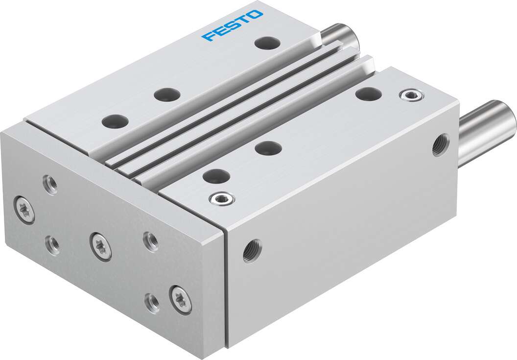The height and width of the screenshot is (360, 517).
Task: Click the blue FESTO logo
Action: [x=232, y=25]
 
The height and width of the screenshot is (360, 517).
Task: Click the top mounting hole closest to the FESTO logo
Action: [x=268, y=43]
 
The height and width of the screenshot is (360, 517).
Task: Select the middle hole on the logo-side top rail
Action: [x=166, y=94]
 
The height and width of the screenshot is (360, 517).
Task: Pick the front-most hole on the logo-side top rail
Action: [x=116, y=120]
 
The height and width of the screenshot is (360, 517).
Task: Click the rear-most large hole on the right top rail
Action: [x=369, y=94]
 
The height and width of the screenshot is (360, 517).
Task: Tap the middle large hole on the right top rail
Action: [x=268, y=147]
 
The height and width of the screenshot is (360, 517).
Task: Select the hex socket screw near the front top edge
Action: [x=221, y=198]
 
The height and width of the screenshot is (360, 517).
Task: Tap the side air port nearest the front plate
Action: [x=252, y=250]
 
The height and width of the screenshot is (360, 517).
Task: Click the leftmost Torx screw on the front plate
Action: [x=24, y=210]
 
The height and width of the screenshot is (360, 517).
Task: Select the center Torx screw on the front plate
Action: [x=100, y=246]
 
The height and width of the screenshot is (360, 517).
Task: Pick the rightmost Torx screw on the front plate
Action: [x=180, y=299]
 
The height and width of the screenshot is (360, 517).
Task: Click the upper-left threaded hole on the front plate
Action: [x=49, y=184]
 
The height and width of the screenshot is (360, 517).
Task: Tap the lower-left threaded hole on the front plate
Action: [x=52, y=244]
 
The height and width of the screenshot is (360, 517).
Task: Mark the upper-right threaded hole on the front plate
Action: [x=151, y=241]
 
